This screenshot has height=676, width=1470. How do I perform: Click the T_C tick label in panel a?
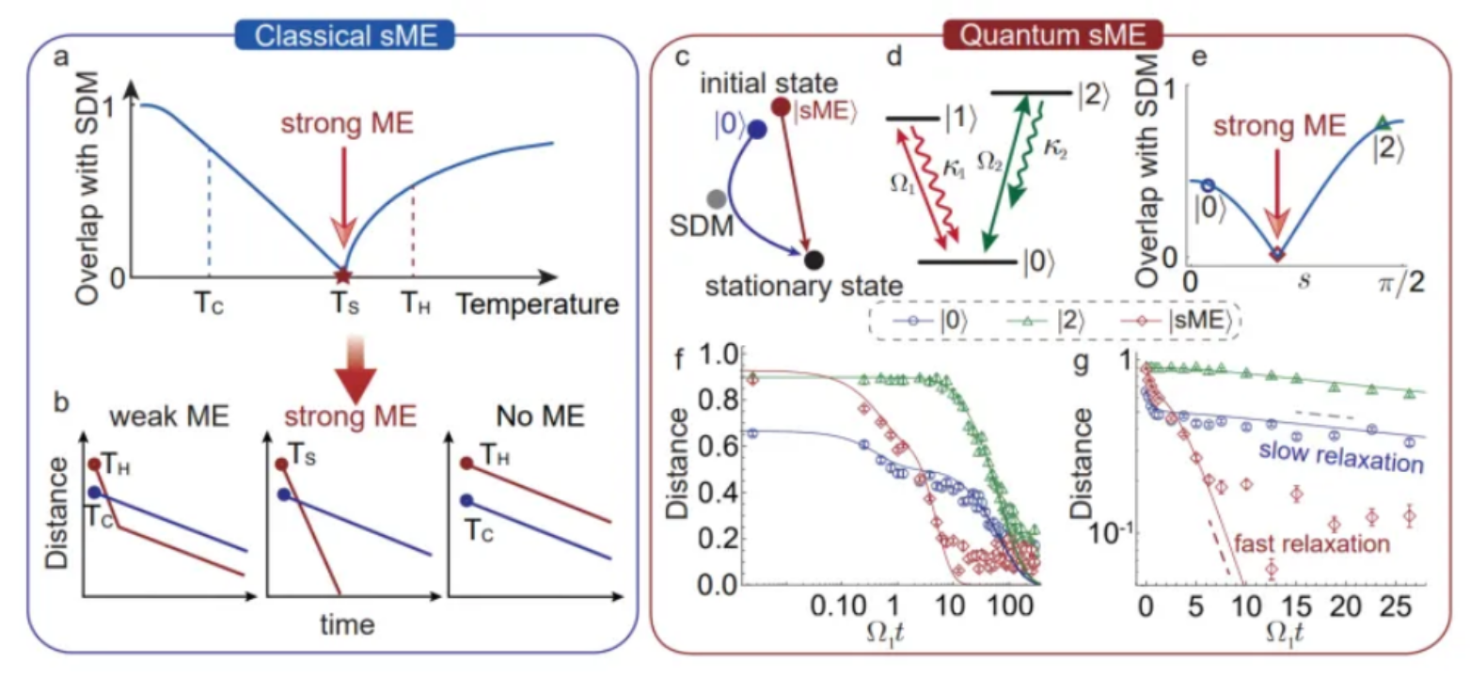pyautogui.click(x=209, y=305)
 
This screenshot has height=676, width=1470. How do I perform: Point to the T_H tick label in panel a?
pyautogui.click(x=413, y=305)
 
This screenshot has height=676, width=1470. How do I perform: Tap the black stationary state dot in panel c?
pyautogui.click(x=814, y=257)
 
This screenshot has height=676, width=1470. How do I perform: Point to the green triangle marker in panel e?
pyautogui.click(x=1381, y=122)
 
